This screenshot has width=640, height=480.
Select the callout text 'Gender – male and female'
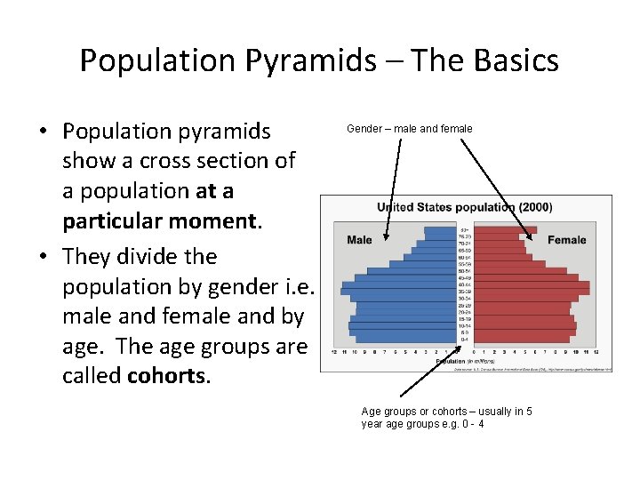409,129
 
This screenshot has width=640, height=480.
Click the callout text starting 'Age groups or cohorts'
446,412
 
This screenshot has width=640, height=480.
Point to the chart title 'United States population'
444,207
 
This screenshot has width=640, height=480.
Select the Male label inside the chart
359,239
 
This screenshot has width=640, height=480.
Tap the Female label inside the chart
566,239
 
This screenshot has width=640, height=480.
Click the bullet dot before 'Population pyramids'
43,132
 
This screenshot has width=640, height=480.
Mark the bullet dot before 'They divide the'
43,258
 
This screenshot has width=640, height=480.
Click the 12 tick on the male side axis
334,353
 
